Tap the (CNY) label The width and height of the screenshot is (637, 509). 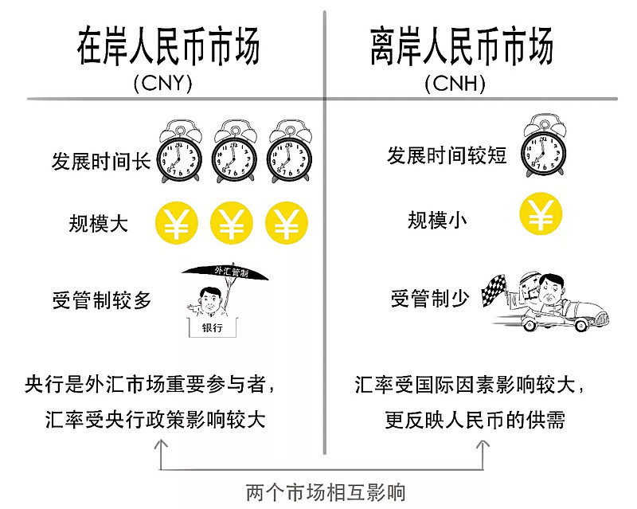(x=162, y=84)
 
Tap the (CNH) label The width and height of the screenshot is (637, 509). (x=455, y=84)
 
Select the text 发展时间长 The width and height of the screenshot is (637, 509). (x=101, y=162)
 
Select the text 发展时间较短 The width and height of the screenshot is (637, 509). (x=447, y=155)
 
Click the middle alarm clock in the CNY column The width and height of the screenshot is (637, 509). (x=234, y=151)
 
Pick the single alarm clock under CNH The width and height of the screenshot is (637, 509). (x=543, y=145)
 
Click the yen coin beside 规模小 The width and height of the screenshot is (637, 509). (x=541, y=213)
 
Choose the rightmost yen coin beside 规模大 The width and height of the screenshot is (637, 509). (x=287, y=223)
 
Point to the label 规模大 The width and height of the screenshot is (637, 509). (x=98, y=223)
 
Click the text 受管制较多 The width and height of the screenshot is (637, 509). (x=102, y=300)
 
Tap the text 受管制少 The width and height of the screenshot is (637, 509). (x=430, y=299)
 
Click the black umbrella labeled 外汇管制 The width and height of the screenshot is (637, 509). (x=225, y=273)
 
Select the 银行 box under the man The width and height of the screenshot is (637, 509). (x=212, y=327)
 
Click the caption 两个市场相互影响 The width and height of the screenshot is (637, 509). (x=326, y=492)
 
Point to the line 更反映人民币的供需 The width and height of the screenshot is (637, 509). (x=475, y=420)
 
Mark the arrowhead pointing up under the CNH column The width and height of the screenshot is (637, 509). (x=483, y=443)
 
